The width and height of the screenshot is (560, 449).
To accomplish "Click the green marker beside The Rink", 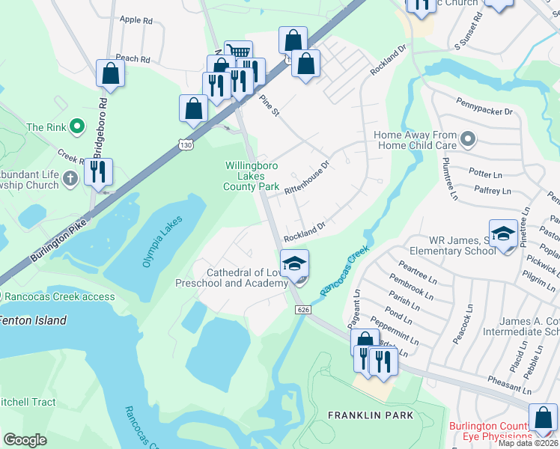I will [x=76, y=127].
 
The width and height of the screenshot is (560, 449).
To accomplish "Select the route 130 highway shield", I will [x=184, y=147].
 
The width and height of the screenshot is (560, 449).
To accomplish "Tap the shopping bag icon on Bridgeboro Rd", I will [x=110, y=74].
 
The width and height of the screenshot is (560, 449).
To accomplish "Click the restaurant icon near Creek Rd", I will [x=98, y=171].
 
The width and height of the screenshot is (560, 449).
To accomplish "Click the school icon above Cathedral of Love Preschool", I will [x=294, y=263].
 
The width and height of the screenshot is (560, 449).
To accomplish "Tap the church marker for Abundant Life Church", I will [x=70, y=178].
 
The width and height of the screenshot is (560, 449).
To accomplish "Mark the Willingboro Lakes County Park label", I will [x=252, y=176].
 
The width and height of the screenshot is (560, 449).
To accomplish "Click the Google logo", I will [x=25, y=439].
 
